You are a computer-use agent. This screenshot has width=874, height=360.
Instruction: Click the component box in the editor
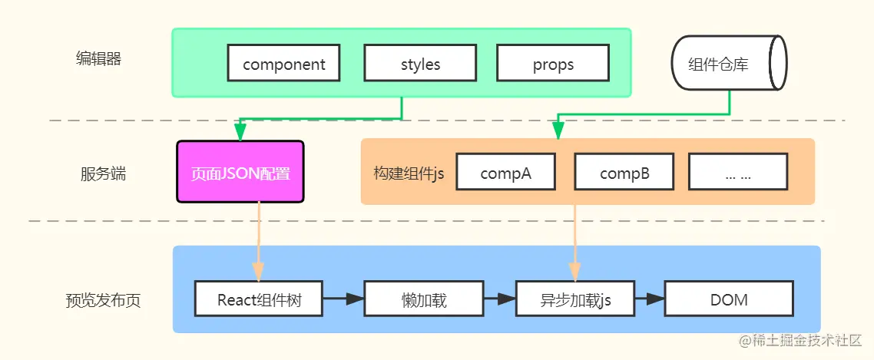(x=284, y=64)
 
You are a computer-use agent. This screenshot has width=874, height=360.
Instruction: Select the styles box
(x=420, y=64)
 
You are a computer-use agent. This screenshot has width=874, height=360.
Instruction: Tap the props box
(x=553, y=64)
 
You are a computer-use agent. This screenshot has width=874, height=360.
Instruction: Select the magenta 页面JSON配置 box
(x=240, y=172)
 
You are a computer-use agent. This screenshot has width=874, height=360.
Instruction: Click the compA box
(x=506, y=173)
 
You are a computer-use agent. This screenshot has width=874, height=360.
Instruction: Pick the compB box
(x=624, y=173)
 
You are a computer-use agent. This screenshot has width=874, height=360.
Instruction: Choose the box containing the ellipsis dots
(x=737, y=173)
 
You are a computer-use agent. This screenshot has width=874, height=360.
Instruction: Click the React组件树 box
(x=259, y=299)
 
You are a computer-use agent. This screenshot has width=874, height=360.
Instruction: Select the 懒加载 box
(x=423, y=299)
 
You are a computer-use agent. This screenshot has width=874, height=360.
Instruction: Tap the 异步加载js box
(x=575, y=299)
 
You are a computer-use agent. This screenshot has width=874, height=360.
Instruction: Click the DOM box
(x=729, y=299)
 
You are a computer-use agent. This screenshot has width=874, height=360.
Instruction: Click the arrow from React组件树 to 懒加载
(x=343, y=299)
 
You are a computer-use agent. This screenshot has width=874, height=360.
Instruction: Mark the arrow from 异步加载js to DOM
(x=649, y=299)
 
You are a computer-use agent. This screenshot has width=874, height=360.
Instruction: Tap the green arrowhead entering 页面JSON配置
(x=240, y=133)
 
